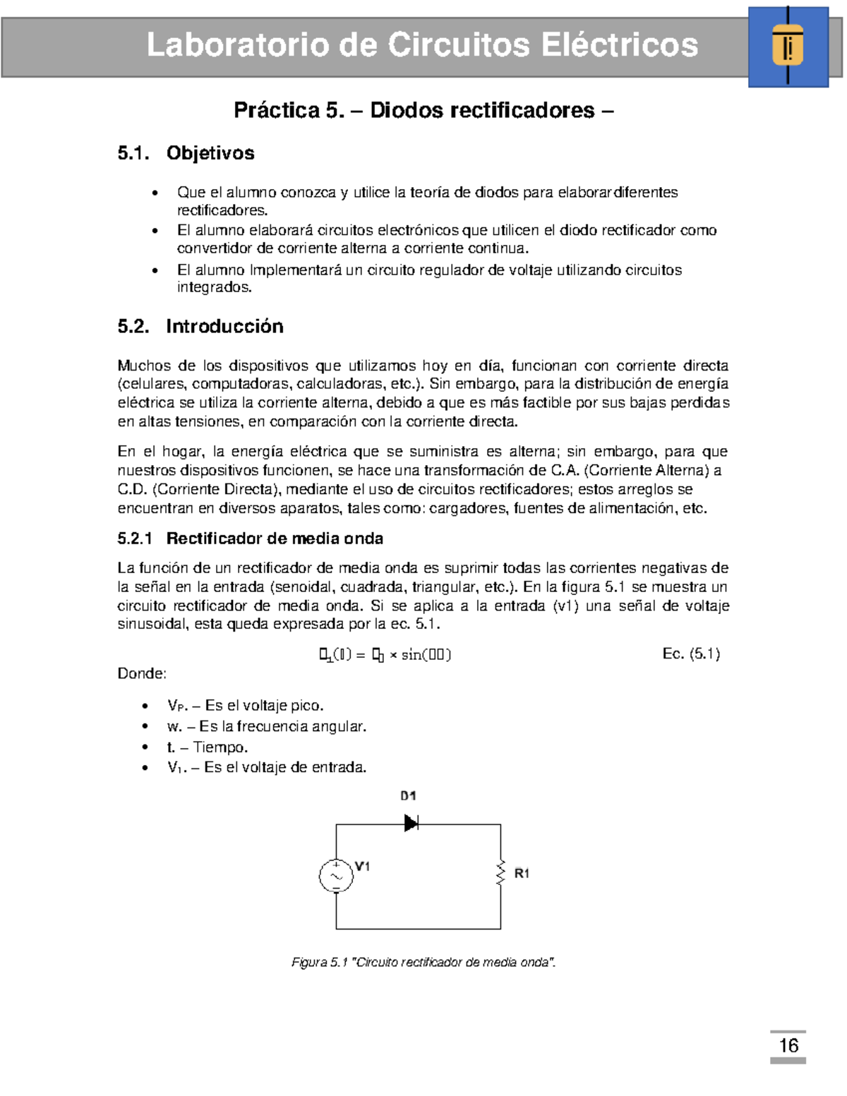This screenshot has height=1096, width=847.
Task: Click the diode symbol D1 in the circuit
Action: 411,823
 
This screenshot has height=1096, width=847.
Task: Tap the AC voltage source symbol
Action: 336,876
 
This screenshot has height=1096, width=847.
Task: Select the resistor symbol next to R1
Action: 500,873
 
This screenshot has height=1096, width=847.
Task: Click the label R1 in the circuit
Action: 522,874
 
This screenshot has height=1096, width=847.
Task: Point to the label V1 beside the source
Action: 362,866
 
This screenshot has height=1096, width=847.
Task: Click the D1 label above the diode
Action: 408,795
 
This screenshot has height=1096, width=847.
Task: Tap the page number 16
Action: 788,1045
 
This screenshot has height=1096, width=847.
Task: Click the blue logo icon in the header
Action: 788,47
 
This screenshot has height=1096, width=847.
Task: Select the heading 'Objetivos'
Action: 210,153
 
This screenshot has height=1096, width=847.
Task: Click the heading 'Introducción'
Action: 224,326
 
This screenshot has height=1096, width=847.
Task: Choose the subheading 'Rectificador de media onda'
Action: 275,538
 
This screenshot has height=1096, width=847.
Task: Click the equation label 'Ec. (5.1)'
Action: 691,654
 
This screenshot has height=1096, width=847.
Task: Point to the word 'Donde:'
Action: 142,673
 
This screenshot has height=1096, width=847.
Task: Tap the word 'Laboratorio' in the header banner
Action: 237,46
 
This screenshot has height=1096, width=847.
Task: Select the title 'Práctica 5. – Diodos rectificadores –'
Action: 423,111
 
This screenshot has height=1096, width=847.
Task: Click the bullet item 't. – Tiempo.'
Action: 208,747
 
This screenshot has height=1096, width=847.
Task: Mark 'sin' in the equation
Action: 411,655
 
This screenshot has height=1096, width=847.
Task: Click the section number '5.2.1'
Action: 135,538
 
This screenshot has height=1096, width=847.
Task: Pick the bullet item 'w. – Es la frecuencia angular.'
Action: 267,726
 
